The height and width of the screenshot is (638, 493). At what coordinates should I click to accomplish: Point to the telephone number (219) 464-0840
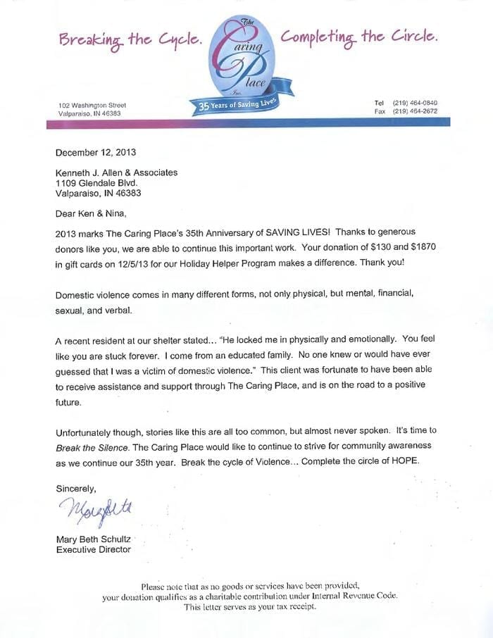[x=415, y=103]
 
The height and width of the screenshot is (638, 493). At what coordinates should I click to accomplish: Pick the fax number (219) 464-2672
[x=415, y=111]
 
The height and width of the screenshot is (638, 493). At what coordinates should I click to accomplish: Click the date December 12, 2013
[x=95, y=151]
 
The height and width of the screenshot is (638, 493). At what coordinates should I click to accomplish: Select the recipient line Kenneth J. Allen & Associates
[x=117, y=173]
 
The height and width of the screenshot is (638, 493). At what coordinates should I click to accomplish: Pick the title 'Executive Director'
[x=93, y=550]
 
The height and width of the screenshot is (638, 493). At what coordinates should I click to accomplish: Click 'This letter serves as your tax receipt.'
[x=250, y=607]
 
